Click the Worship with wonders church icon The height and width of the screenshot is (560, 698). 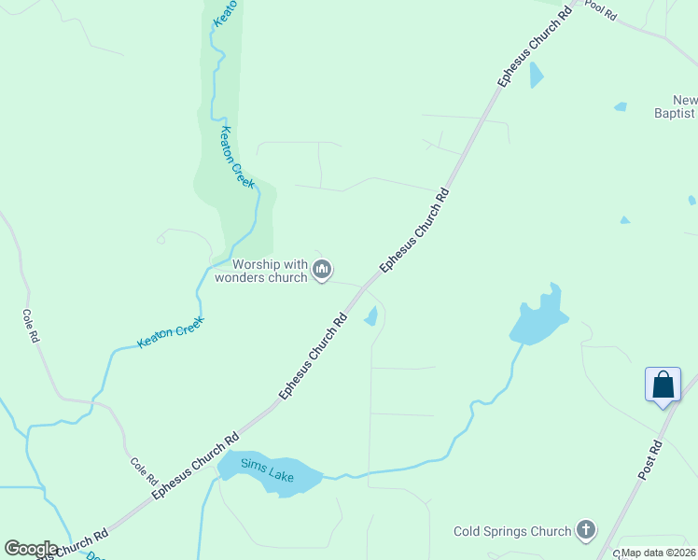322,271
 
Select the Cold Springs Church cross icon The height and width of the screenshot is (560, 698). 586,531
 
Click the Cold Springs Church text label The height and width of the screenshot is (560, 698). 512,532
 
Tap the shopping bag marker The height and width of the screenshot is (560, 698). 663,385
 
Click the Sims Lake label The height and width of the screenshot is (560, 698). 268,469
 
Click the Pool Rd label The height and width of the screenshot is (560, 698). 601,9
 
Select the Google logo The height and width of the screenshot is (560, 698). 31,549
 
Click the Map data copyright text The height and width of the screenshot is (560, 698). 659,553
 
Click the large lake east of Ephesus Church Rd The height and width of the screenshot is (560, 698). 539,319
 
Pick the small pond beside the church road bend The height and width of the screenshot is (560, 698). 371,316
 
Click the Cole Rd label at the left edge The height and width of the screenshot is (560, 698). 30,325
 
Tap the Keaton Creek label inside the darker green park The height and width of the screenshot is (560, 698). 236,159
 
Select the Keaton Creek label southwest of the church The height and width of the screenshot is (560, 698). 170,331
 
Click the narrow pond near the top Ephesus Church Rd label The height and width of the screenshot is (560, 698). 536,75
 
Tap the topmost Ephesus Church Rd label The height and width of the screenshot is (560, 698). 534,48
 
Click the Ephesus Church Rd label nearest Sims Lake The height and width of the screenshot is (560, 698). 196,463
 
